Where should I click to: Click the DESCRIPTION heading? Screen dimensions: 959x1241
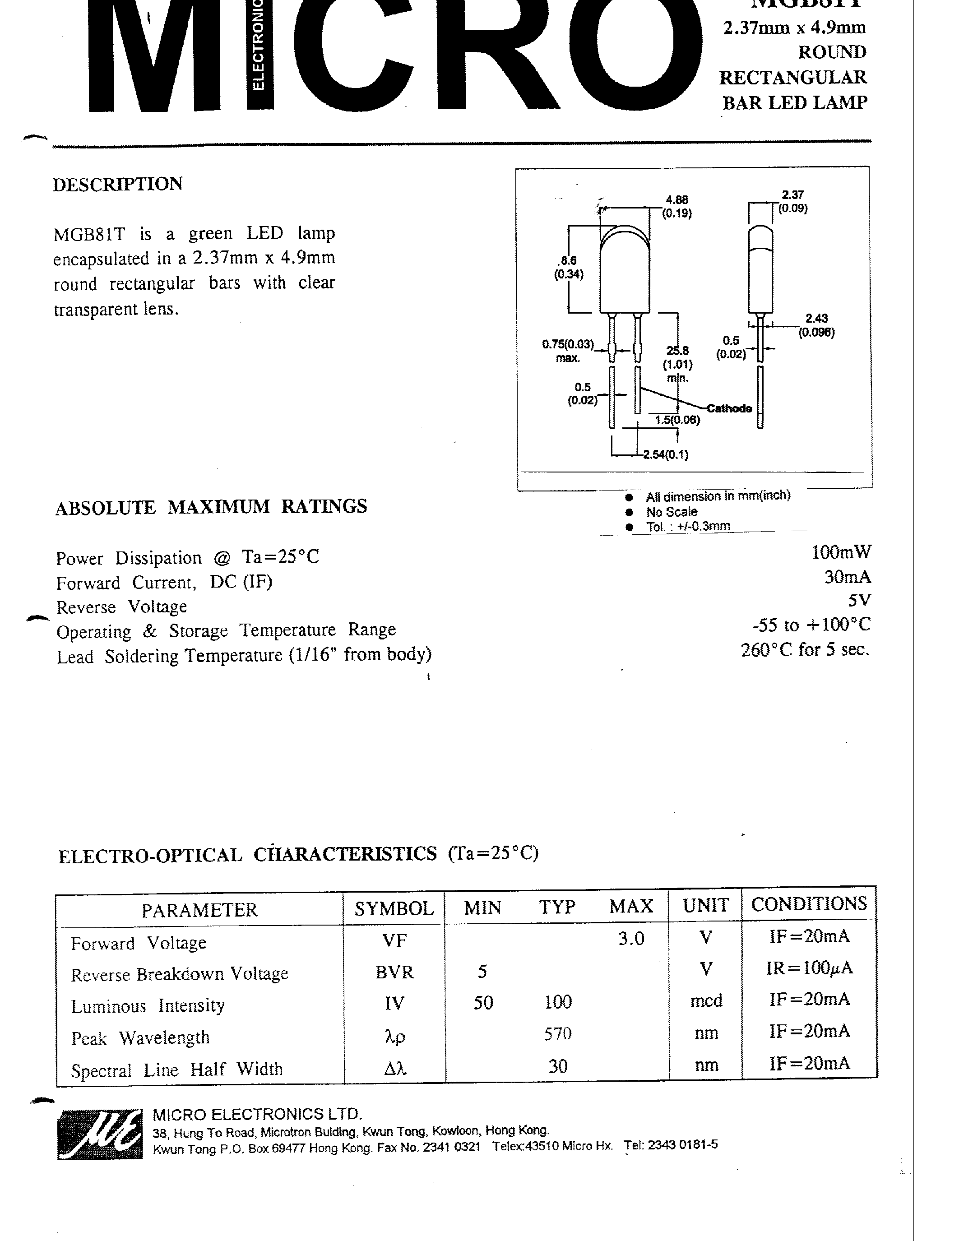118,184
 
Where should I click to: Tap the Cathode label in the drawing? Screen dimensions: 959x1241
729,408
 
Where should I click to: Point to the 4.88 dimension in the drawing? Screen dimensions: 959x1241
676,199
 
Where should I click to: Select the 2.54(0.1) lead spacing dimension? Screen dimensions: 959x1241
665,454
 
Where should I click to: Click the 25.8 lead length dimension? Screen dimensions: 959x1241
678,351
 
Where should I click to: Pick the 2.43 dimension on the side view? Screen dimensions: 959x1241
816,319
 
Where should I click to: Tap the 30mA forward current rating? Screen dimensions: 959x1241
847,577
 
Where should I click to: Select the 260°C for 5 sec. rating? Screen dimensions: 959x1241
805,649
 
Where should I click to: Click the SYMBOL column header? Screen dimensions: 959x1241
394,908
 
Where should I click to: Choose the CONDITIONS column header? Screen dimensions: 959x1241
809,904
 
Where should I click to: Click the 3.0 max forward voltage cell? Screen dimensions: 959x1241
631,938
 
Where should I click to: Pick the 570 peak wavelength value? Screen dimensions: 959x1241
557,1033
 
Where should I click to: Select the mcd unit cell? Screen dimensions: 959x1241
706,1000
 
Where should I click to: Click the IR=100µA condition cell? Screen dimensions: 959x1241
809,968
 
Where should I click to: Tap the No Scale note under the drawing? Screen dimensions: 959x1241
672,511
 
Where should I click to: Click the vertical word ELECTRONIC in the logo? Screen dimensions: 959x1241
258,46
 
